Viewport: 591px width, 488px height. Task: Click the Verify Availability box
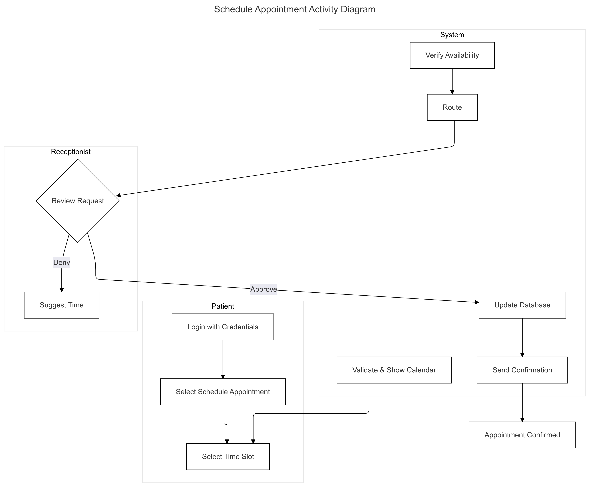point(452,55)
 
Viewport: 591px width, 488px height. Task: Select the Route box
point(452,107)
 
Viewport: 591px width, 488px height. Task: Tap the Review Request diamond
point(78,201)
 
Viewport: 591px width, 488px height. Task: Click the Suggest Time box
point(62,305)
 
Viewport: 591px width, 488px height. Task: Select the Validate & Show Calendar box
point(394,370)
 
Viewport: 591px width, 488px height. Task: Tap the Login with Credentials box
point(223,327)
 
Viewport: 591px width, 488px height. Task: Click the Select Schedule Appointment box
point(223,392)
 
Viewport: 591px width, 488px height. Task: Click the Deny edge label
point(62,263)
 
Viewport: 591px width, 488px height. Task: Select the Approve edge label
point(264,289)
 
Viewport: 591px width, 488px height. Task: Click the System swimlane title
point(452,35)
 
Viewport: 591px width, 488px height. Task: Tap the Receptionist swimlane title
point(71,152)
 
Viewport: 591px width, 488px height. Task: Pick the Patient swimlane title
point(223,306)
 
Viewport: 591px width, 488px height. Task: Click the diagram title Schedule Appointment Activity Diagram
point(295,9)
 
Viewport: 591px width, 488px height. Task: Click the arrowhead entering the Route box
point(452,92)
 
